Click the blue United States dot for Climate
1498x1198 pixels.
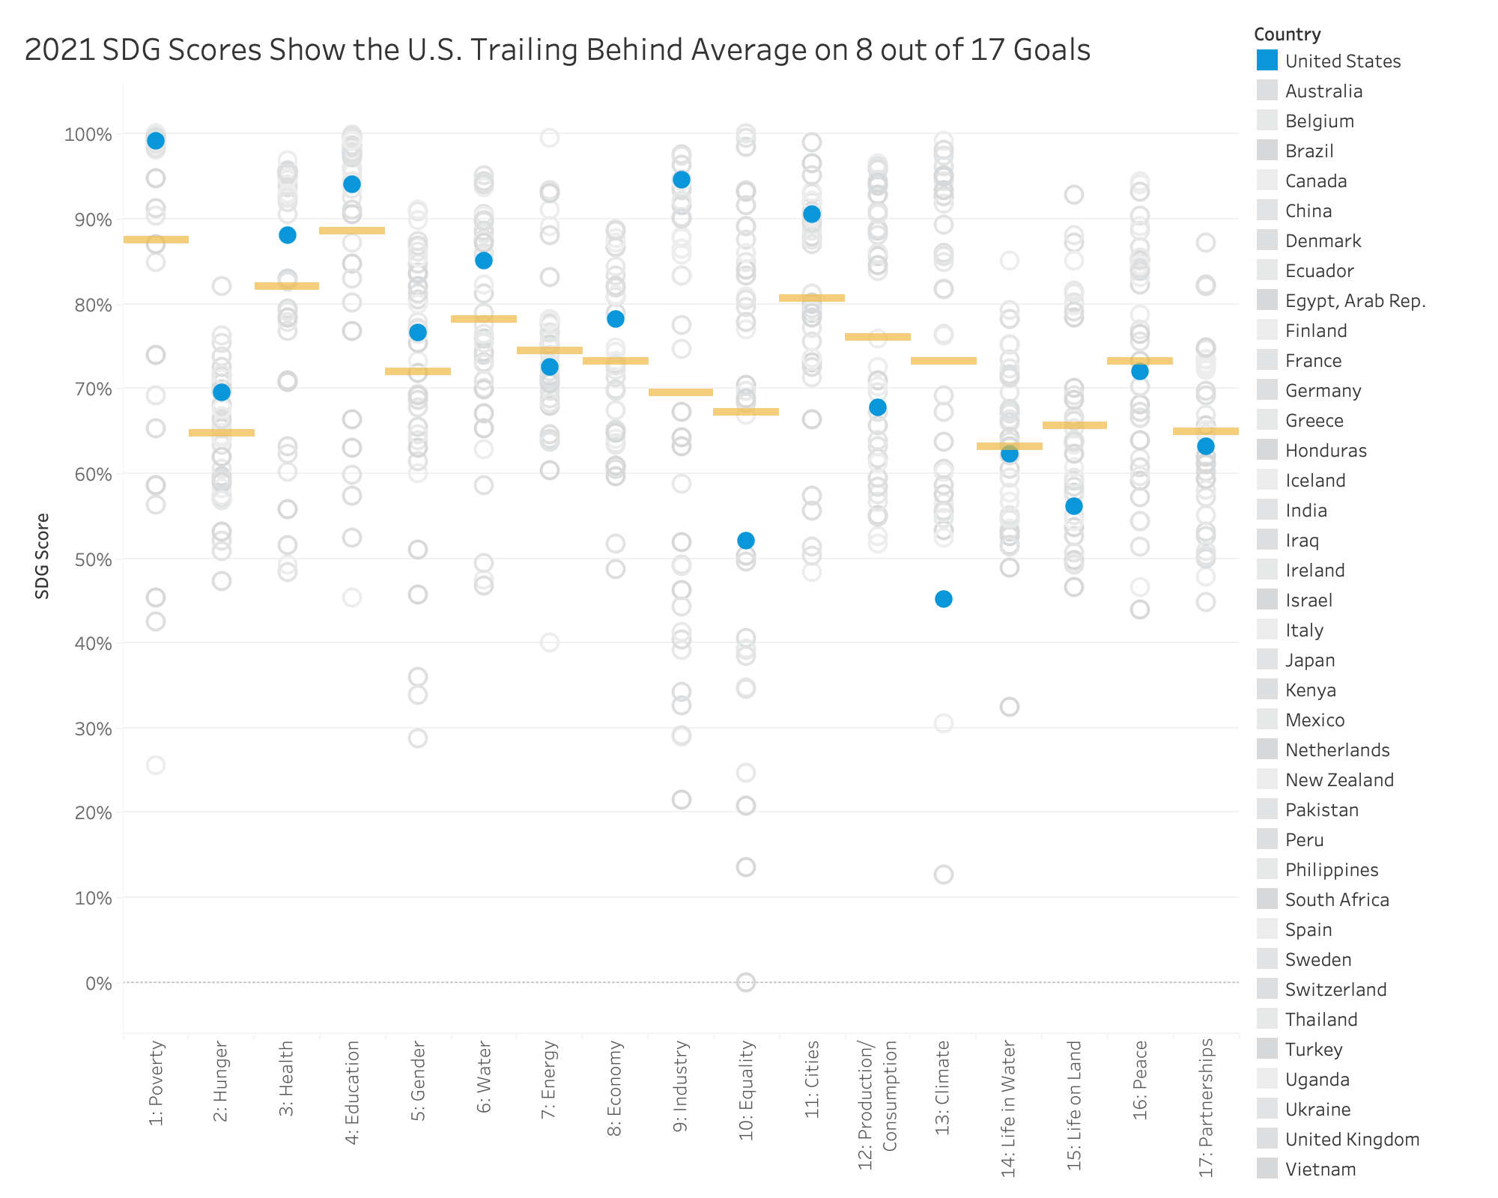[944, 599]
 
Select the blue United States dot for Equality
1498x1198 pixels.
[746, 541]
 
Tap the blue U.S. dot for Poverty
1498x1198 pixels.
[156, 141]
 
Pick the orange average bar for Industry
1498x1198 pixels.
[681, 392]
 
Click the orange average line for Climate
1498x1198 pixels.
[944, 361]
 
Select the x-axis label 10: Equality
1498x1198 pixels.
[746, 1090]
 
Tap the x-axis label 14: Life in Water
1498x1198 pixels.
[1009, 1108]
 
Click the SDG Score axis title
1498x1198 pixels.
[43, 556]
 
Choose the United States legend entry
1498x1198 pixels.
[1342, 61]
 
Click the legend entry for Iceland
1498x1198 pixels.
[1315, 481]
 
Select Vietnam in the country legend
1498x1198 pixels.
[1320, 1170]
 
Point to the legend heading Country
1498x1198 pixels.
[1287, 34]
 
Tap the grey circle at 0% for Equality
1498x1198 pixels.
[746, 982]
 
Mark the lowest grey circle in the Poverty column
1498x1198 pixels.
[156, 765]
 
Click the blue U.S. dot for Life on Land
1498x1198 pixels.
[1074, 506]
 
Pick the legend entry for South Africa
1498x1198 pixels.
[1336, 900]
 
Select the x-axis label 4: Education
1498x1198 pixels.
[352, 1092]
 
